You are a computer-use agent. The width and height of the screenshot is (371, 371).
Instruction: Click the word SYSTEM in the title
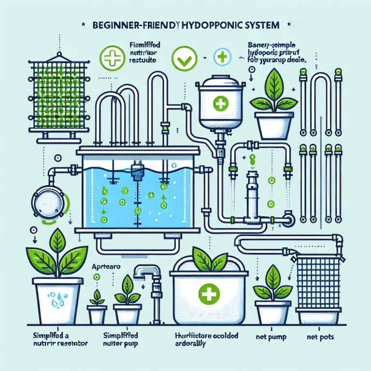pyautogui.click(x=264, y=24)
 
